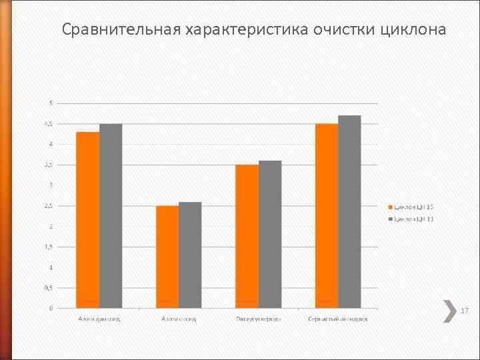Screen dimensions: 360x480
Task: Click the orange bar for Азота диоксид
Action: coord(88,220)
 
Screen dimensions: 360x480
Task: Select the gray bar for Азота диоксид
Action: coord(111,216)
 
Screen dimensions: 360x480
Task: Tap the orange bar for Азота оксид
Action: coord(167,257)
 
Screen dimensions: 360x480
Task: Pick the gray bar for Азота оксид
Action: coord(190,255)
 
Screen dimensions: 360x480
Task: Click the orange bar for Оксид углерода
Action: coord(247,236)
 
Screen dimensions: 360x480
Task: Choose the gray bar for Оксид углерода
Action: coord(270,234)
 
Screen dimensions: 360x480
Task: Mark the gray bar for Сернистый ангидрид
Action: coord(349,211)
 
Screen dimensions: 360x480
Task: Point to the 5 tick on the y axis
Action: coord(51,103)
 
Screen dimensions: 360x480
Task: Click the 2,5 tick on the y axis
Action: coord(49,205)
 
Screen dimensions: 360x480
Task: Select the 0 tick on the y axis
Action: coord(51,308)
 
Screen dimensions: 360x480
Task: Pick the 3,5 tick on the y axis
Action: coord(49,165)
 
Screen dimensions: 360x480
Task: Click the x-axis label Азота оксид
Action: coord(179,319)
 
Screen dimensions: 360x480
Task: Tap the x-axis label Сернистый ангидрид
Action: coord(338,319)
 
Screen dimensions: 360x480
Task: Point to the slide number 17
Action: coord(465,311)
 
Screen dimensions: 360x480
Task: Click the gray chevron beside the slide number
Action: coord(449,311)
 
